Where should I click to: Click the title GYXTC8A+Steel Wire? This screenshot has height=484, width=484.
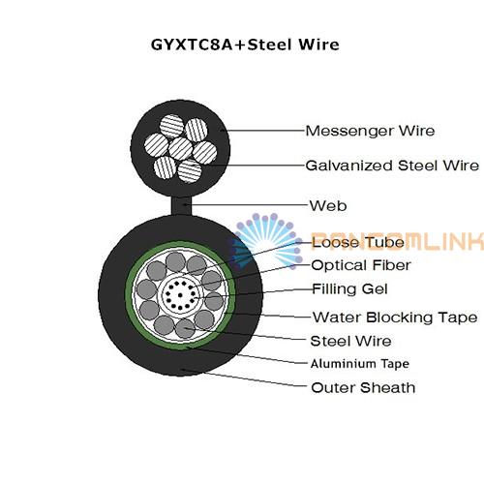coord(245,45)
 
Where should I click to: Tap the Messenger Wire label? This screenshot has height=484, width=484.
coord(370,131)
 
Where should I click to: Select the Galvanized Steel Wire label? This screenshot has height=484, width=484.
coord(392,166)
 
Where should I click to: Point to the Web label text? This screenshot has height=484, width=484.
coord(328,206)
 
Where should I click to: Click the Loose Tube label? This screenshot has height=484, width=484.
coord(358,242)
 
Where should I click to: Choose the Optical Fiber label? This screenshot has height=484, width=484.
coord(361,265)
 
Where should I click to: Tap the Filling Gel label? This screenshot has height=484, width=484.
coord(349,288)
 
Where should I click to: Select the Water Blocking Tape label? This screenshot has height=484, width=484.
coord(395,318)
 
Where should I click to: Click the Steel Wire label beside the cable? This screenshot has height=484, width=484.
coord(350,341)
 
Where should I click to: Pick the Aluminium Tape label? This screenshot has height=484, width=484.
coord(360,364)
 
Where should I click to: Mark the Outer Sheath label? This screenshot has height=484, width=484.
coord(363,387)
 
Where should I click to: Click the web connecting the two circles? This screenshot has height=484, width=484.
coord(181,206)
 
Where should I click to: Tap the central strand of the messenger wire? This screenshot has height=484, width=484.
coord(181,148)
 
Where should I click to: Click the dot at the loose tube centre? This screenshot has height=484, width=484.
coord(180,295)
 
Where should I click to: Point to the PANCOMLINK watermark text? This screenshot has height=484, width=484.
coord(398,241)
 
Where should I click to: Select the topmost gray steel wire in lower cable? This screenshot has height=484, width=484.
coord(175,261)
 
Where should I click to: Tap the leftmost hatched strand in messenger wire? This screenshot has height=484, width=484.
coord(157,145)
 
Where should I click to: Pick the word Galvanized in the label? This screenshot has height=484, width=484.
coord(349,166)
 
